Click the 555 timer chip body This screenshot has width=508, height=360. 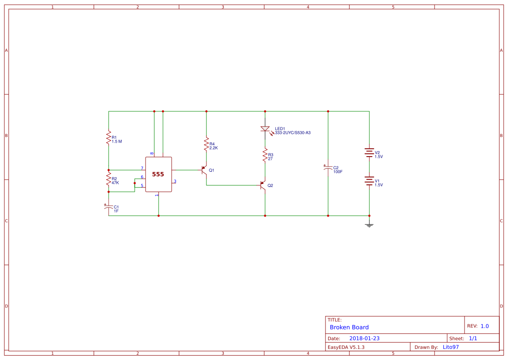[158, 174]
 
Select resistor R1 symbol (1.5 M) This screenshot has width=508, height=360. [109, 138]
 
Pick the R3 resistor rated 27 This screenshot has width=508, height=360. [265, 155]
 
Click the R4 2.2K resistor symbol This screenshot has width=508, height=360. [206, 145]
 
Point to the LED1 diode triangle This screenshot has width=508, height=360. [265, 129]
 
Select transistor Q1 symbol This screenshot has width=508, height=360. [203, 170]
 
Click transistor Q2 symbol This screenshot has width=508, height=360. [263, 185]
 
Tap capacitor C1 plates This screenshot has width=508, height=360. [109, 207]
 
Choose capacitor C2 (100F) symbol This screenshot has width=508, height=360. [328, 168]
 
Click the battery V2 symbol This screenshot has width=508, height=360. [369, 153]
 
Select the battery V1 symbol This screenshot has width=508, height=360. [369, 181]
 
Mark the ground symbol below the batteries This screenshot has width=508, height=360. [369, 224]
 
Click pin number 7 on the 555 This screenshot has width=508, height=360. [142, 168]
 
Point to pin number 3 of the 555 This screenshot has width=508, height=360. [175, 181]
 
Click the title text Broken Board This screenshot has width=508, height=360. [349, 327]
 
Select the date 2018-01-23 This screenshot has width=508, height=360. [364, 338]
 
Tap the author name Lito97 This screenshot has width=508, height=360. [451, 347]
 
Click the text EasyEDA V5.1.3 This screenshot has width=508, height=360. [346, 347]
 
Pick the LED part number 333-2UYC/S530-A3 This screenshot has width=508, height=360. [292, 133]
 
